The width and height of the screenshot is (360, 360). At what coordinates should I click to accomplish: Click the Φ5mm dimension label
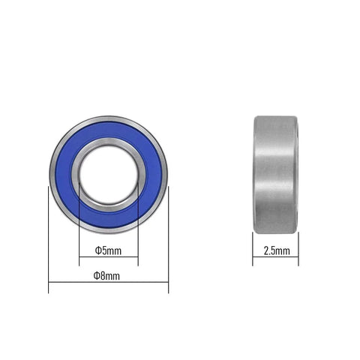(108, 250)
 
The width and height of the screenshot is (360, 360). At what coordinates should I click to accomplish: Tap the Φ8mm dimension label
(108, 277)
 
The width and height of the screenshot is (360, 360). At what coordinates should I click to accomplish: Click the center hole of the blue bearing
(108, 172)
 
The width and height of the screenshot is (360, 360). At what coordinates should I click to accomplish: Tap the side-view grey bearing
(277, 172)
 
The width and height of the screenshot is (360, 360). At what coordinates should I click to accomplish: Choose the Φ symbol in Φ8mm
(97, 277)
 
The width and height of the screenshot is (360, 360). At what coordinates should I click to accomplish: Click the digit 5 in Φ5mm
(104, 250)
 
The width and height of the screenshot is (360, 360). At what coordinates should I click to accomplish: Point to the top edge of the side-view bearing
(277, 115)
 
